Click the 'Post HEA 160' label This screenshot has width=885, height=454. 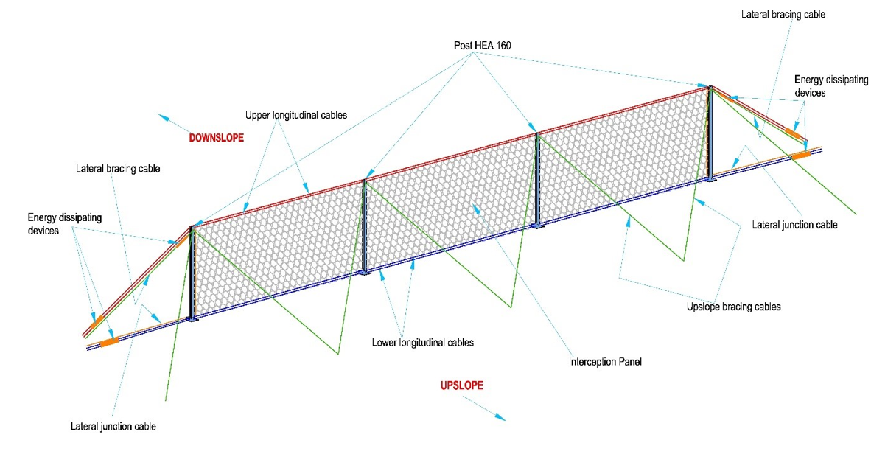(x=482, y=46)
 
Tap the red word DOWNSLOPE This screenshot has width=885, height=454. (x=216, y=137)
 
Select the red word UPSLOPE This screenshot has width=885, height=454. (x=461, y=385)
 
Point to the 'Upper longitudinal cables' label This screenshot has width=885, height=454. (x=295, y=116)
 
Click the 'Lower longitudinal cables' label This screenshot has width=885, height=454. (x=422, y=342)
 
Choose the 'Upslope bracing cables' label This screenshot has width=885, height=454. (x=727, y=306)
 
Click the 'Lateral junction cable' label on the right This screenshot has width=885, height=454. (x=794, y=224)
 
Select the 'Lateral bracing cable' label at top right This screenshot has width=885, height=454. (x=783, y=13)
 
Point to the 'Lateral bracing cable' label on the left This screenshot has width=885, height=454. (x=118, y=168)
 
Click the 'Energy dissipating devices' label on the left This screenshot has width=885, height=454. (x=65, y=224)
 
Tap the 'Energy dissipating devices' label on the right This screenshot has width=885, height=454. (x=823, y=85)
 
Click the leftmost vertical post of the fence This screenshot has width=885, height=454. (x=192, y=273)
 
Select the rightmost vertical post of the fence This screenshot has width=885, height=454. (x=711, y=133)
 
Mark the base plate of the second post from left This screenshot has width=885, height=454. (x=364, y=273)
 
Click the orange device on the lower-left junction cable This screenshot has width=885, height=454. (x=108, y=341)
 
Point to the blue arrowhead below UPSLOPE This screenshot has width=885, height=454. (x=500, y=416)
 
